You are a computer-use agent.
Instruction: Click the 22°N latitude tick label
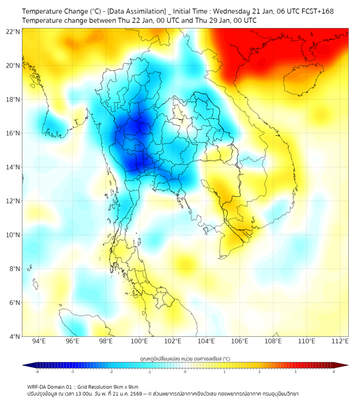tap(13, 31)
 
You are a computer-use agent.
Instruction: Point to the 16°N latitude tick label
tap(13, 133)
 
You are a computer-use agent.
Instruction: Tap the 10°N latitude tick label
tap(13, 235)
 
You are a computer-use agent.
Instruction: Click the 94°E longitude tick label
tap(39, 341)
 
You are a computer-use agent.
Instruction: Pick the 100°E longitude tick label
tap(139, 341)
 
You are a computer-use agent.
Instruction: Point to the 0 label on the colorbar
tap(185, 372)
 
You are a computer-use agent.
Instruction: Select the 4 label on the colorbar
tap(334, 372)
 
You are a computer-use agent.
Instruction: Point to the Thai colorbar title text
tap(185, 358)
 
